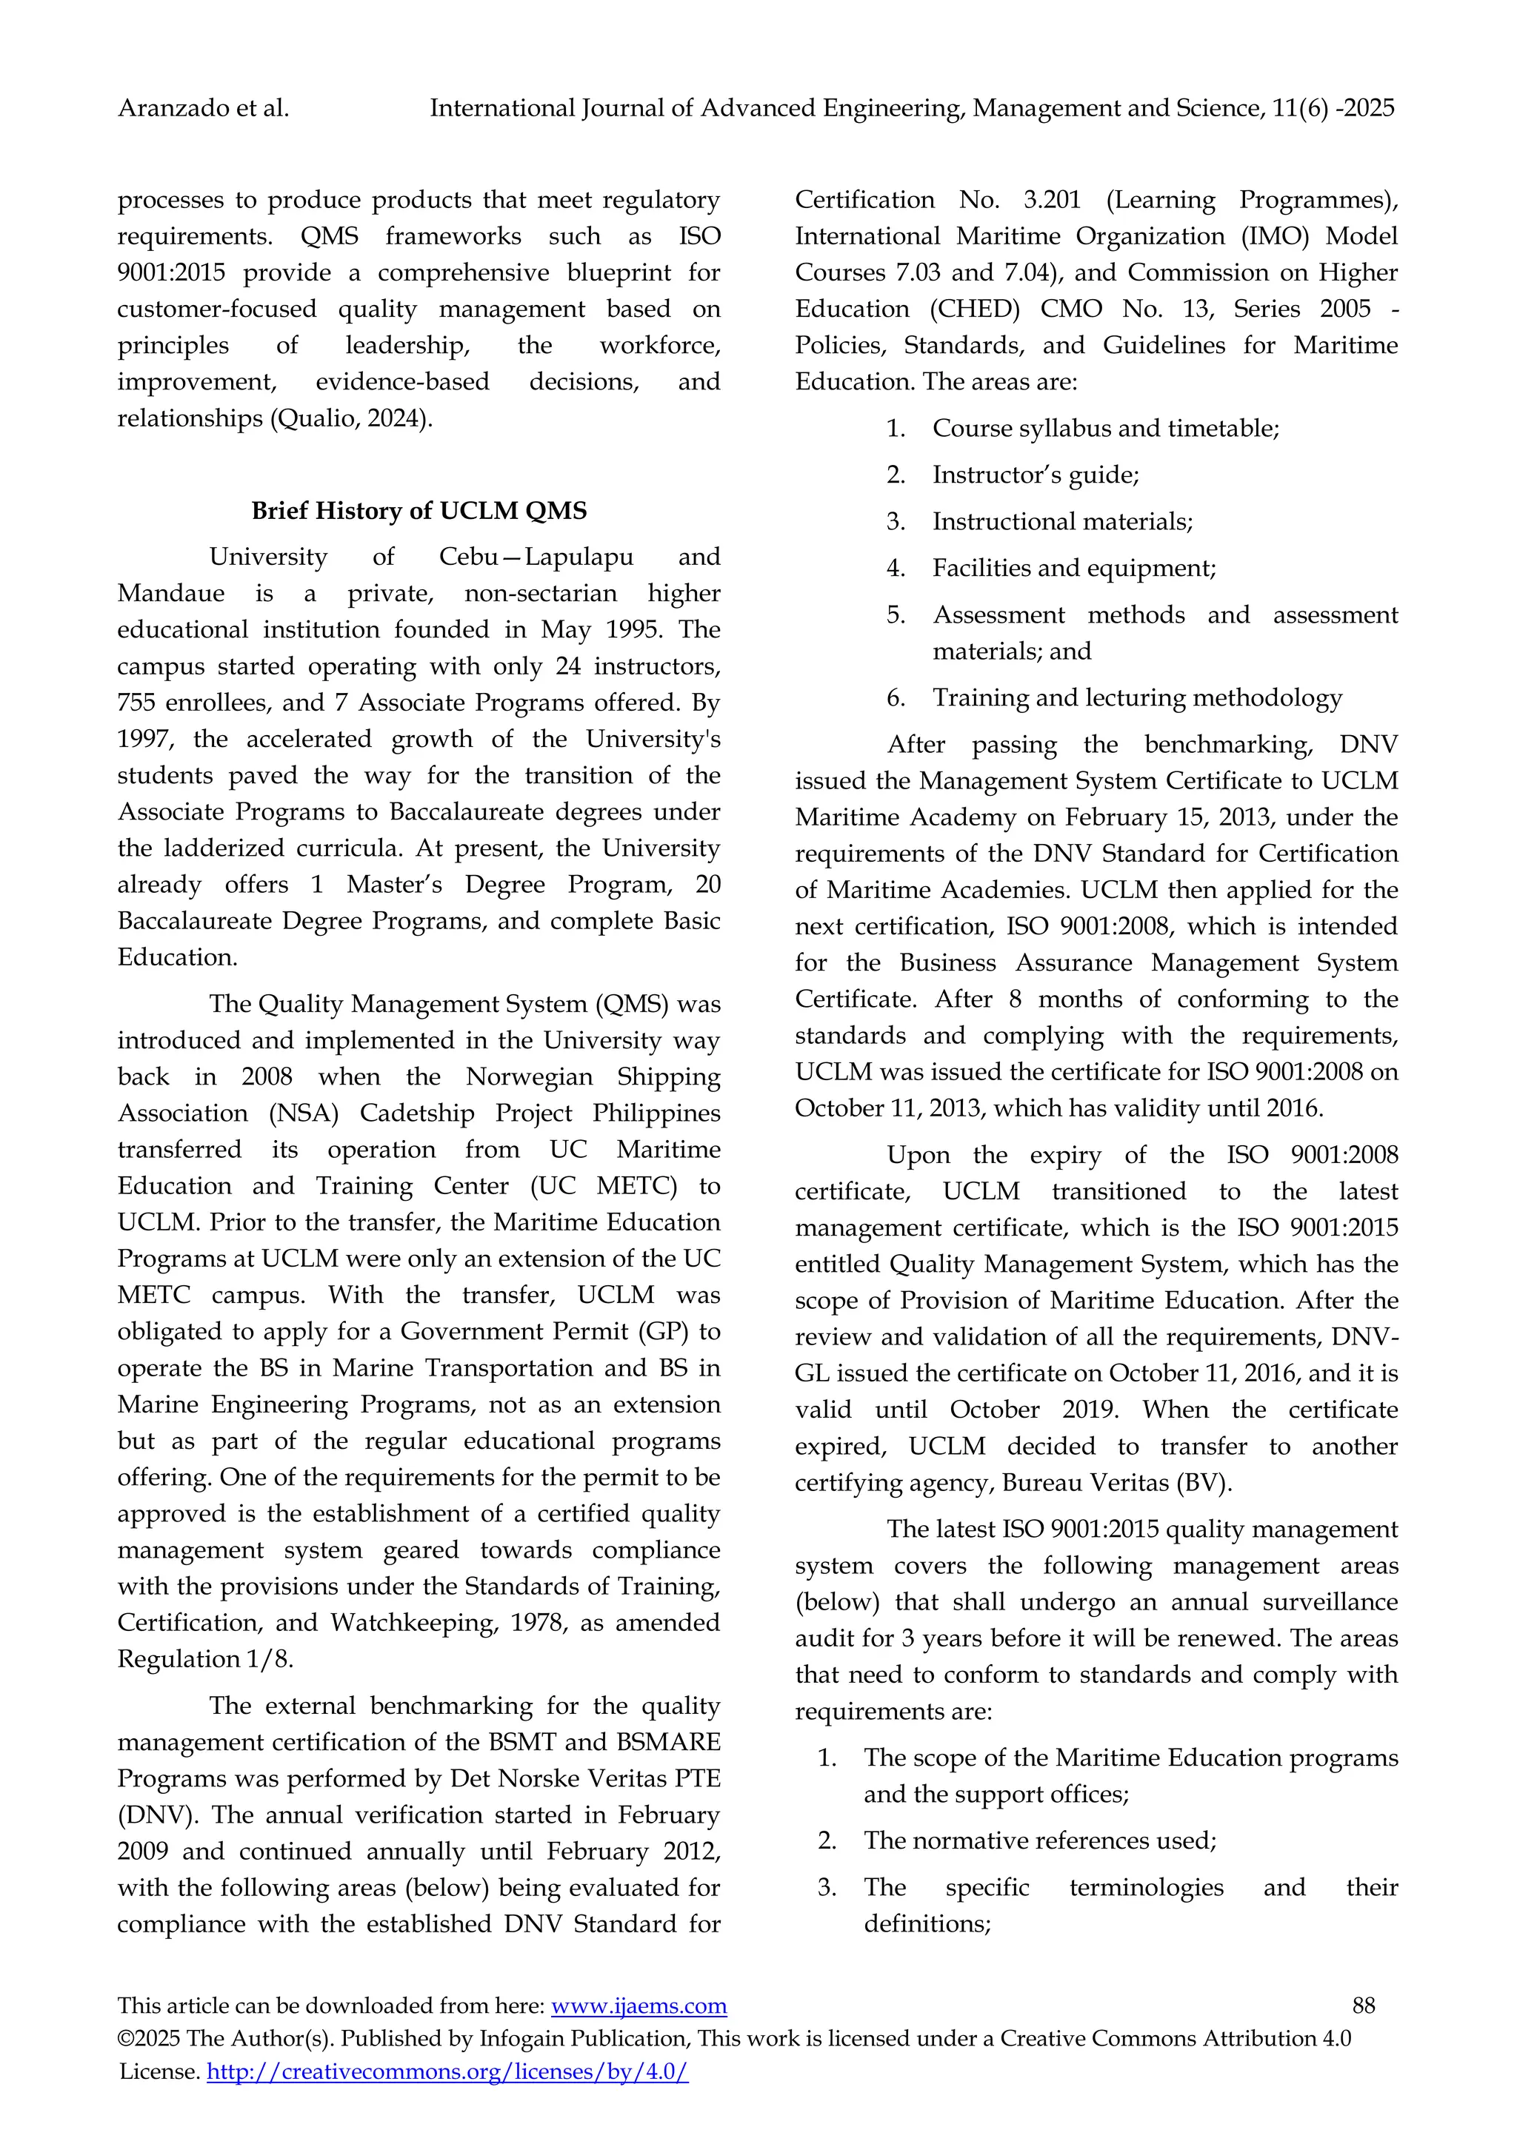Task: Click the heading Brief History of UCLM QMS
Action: pyautogui.click(x=419, y=511)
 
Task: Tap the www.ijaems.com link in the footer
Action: pyautogui.click(x=639, y=2005)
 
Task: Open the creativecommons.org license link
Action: pyautogui.click(x=447, y=2071)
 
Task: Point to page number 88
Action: pyautogui.click(x=1363, y=2005)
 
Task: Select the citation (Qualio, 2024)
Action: pyautogui.click(x=351, y=418)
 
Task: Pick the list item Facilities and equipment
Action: pyautogui.click(x=1073, y=568)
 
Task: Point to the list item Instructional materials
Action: pyautogui.click(x=1062, y=522)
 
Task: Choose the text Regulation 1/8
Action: pyautogui.click(x=204, y=1659)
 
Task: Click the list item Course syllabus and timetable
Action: pyautogui.click(x=1105, y=429)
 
